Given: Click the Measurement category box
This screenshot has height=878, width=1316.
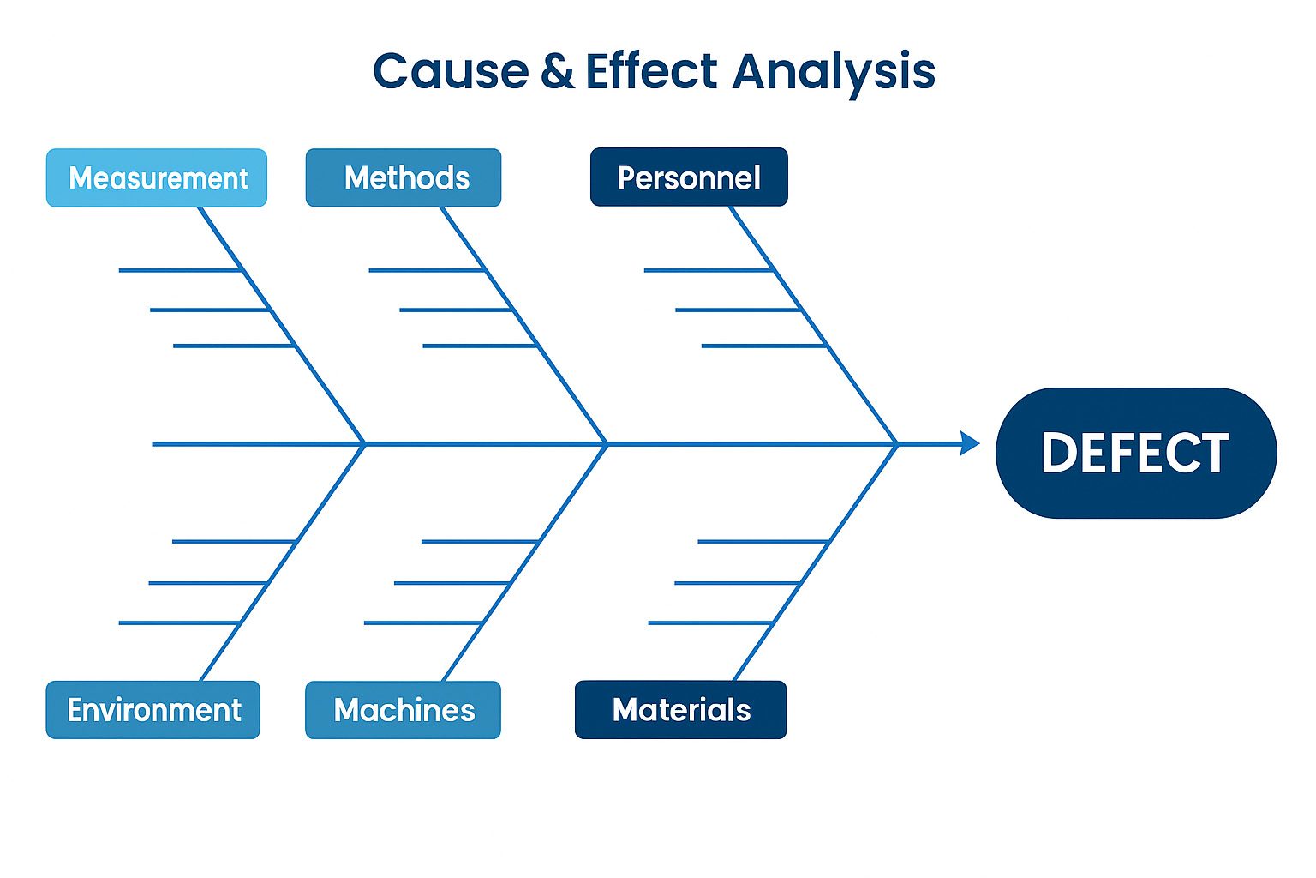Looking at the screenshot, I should pyautogui.click(x=157, y=178).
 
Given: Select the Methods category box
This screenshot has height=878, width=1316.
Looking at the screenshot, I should pyautogui.click(x=404, y=178).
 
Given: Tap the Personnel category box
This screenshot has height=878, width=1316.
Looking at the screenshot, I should pyautogui.click(x=689, y=177).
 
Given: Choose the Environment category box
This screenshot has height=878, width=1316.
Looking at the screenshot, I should pyautogui.click(x=153, y=710).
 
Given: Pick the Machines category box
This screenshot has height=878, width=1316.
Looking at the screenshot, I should pyautogui.click(x=404, y=710).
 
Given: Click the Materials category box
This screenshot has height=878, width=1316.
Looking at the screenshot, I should pyautogui.click(x=681, y=710).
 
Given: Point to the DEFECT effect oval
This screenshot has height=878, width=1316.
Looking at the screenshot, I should pyautogui.click(x=1136, y=453).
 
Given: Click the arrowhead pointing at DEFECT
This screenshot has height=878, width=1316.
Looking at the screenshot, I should pyautogui.click(x=970, y=444).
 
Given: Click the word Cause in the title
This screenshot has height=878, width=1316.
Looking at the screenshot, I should pyautogui.click(x=451, y=71).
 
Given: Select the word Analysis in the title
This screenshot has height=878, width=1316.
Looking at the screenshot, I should pyautogui.click(x=834, y=71).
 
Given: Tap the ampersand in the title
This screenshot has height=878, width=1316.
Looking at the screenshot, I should pyautogui.click(x=557, y=71).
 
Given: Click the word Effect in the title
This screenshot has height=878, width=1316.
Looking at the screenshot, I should pyautogui.click(x=651, y=71).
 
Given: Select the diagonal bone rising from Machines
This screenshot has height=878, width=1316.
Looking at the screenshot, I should pyautogui.click(x=524, y=562).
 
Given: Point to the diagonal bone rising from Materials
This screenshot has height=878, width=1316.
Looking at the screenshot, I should pyautogui.click(x=814, y=562).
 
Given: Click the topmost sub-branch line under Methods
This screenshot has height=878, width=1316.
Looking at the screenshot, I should pyautogui.click(x=426, y=270).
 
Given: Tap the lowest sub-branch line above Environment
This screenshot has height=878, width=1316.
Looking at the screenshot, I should pyautogui.click(x=177, y=622).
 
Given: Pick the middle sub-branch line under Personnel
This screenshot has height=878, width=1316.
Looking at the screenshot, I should pyautogui.click(x=737, y=310).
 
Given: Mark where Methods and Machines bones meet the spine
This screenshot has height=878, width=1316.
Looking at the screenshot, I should pyautogui.click(x=607, y=444).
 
